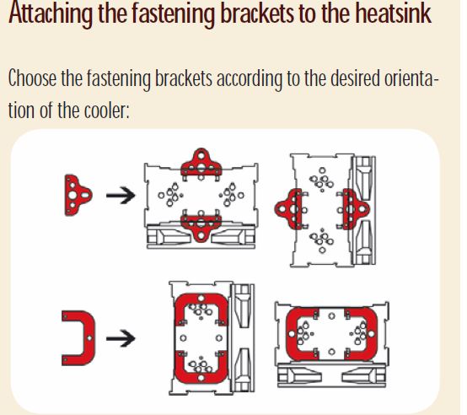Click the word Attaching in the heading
[x=51, y=13]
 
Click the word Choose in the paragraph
[x=33, y=78]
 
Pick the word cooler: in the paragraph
[x=107, y=110]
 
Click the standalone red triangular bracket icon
[x=78, y=195]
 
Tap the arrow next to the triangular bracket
[x=121, y=196]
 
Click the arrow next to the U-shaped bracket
[x=121, y=338]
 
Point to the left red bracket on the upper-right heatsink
[x=288, y=209]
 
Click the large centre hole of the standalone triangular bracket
[x=72, y=196]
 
